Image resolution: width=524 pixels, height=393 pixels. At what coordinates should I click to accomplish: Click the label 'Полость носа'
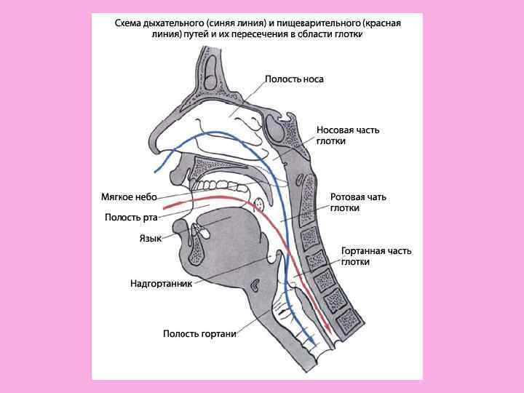click(x=293, y=79)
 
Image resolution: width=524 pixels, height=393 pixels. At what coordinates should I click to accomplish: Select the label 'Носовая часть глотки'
click(x=347, y=135)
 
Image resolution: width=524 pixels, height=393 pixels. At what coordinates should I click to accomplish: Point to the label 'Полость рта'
click(x=131, y=217)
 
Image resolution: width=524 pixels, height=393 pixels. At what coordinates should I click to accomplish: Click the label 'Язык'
click(x=150, y=238)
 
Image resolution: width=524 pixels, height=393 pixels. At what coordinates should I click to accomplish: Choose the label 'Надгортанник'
click(x=161, y=284)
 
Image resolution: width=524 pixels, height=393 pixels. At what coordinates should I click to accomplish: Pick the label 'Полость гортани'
click(x=199, y=334)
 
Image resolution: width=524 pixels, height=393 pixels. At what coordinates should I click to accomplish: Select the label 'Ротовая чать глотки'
click(x=358, y=202)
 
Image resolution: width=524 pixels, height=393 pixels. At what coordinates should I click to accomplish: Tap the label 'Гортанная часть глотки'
click(x=376, y=256)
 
